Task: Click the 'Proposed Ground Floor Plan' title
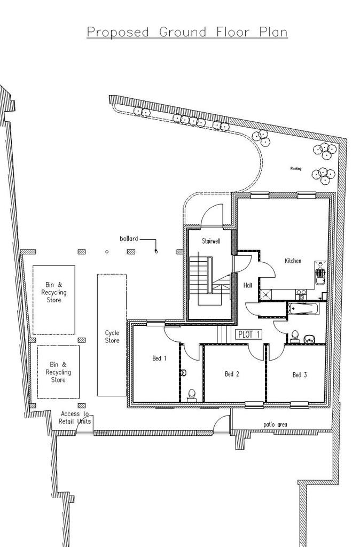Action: tap(187, 33)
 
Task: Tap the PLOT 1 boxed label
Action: tap(249, 334)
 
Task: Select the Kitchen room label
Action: tap(293, 261)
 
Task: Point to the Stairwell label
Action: tap(211, 241)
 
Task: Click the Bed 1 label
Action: tap(159, 358)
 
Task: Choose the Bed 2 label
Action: tap(232, 374)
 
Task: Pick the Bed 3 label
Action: tap(300, 374)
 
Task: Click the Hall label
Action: tap(248, 285)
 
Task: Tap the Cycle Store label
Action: tap(112, 337)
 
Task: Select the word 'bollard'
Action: tap(129, 239)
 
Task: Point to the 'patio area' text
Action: tap(275, 425)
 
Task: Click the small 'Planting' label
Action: tap(296, 168)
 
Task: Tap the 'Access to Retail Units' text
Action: tap(75, 418)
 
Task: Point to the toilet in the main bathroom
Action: tap(295, 336)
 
